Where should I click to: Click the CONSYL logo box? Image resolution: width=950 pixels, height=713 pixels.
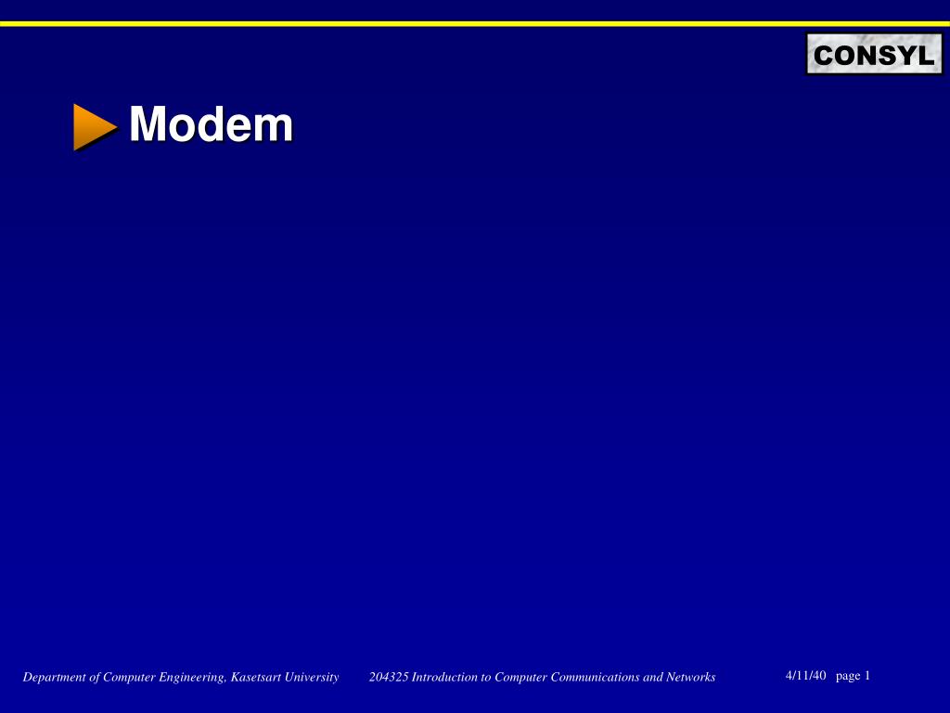[873, 55]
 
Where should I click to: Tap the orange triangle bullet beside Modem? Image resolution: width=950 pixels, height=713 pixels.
[94, 126]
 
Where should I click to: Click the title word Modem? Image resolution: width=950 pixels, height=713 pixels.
[211, 124]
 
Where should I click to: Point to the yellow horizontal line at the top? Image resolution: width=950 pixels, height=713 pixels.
[475, 23]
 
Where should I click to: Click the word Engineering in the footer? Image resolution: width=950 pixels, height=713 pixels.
[192, 678]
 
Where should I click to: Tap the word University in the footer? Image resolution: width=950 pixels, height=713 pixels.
[311, 678]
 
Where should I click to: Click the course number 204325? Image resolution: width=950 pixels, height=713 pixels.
[388, 678]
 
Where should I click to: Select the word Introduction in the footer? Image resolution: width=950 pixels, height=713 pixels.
[444, 678]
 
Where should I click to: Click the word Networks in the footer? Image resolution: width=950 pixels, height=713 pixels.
[692, 678]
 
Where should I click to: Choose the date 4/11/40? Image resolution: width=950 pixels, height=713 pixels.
[804, 676]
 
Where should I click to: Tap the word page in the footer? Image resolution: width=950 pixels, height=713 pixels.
[848, 676]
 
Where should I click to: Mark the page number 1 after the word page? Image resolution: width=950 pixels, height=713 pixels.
[867, 676]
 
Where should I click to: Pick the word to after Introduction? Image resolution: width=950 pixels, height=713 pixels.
[485, 678]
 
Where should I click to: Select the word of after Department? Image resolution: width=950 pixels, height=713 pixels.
[96, 678]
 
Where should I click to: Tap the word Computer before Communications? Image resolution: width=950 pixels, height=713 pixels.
[520, 678]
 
